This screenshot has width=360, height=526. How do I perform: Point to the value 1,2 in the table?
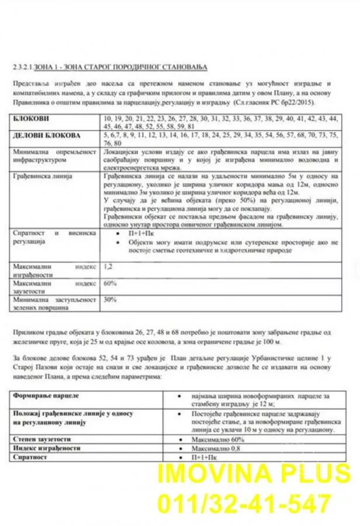(x=107, y=266)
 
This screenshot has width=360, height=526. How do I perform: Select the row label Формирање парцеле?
(x=44, y=396)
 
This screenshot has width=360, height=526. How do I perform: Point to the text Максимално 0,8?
(x=219, y=448)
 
